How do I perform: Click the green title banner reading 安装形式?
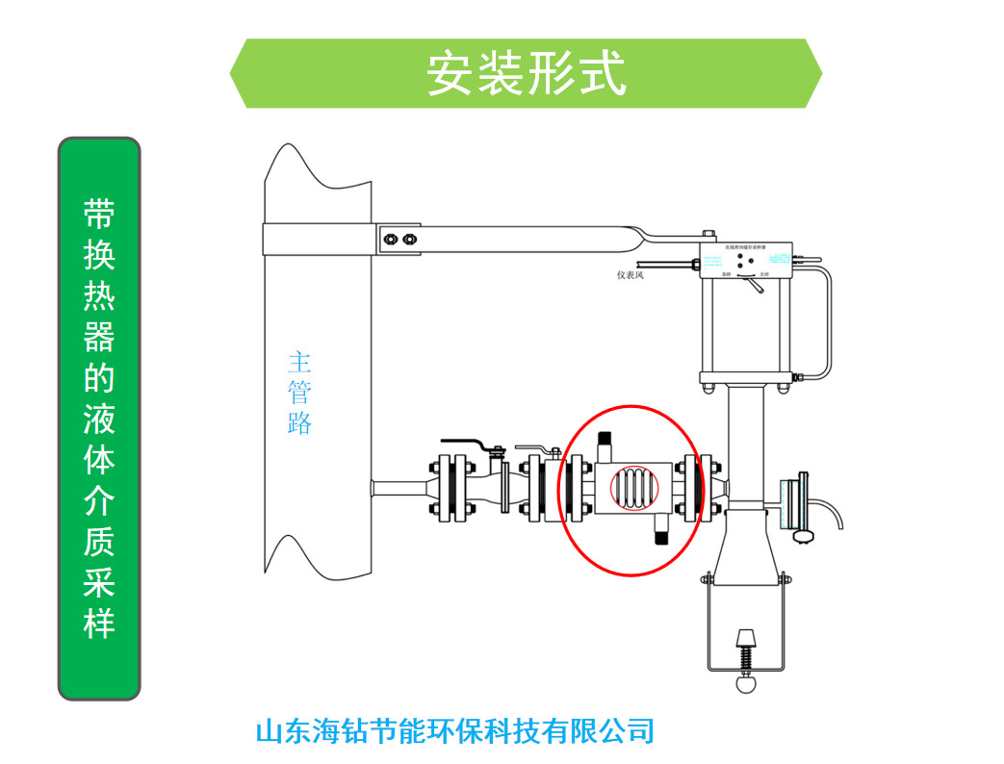click(x=526, y=73)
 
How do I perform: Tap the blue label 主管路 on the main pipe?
click(x=299, y=393)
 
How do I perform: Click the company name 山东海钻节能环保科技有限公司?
click(x=454, y=731)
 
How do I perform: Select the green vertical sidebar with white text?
click(x=99, y=419)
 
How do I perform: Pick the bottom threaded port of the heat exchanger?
click(x=662, y=530)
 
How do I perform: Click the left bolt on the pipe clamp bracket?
click(x=388, y=239)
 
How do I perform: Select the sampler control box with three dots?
click(x=746, y=262)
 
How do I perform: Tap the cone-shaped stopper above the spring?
click(x=745, y=639)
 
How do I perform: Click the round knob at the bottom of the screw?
click(x=745, y=684)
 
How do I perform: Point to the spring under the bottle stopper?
click(x=745, y=661)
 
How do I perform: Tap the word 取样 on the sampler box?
click(x=727, y=274)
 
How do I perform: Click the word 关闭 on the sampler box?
click(x=762, y=274)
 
